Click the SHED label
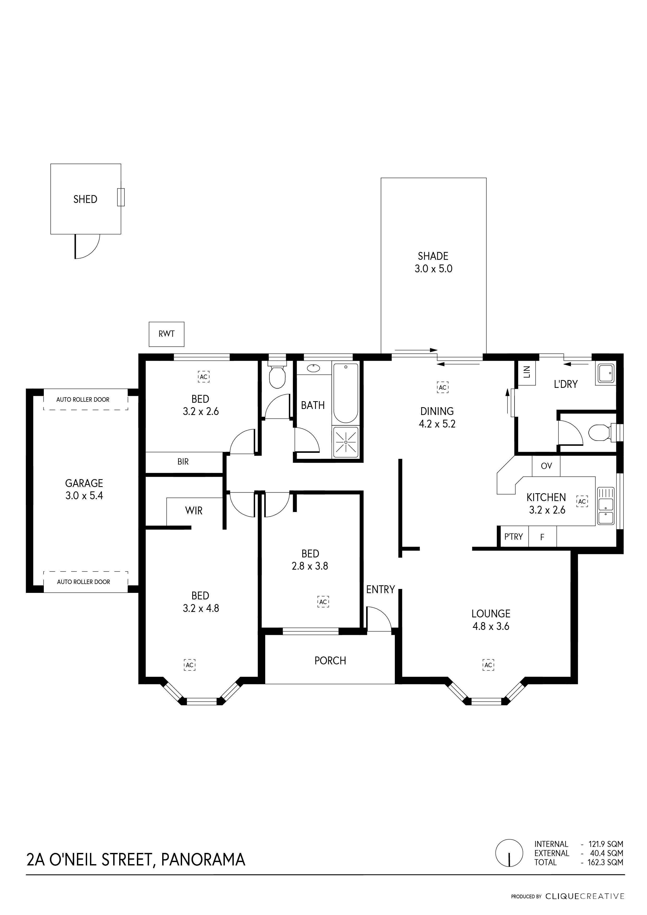[x=85, y=199]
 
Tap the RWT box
[x=167, y=334]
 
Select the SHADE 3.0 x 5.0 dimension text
[x=433, y=269]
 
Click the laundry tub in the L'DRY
[x=605, y=374]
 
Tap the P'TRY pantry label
[x=513, y=537]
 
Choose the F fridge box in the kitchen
[x=542, y=538]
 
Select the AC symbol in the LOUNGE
[x=488, y=665]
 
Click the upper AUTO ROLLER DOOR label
[x=83, y=399]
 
